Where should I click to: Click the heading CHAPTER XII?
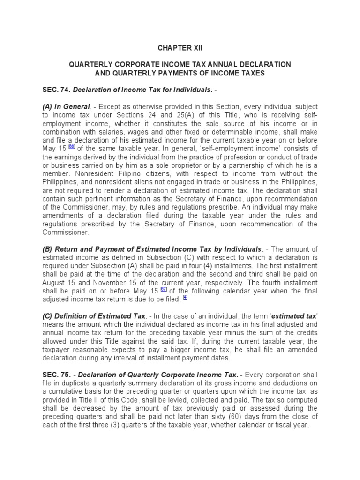click(x=180, y=48)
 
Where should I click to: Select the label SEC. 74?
click(x=56, y=90)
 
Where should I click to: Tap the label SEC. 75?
click(x=56, y=375)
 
